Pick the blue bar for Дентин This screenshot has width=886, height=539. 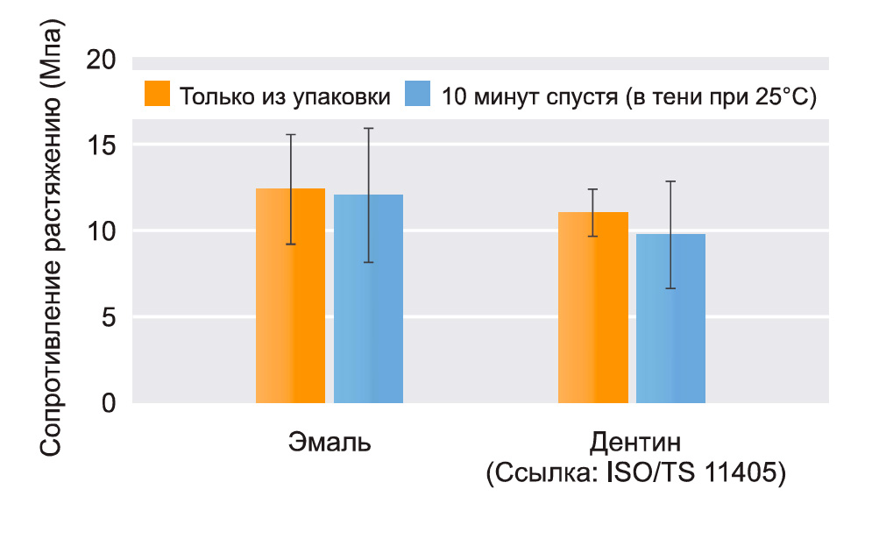tap(670, 318)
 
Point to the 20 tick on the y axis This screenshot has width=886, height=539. tap(102, 60)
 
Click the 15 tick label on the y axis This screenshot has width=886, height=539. tap(103, 145)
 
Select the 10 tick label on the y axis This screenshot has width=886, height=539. tap(103, 231)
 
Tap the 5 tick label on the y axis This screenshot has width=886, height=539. tap(110, 317)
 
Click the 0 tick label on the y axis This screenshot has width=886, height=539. tap(110, 403)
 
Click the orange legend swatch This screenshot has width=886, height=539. tap(158, 94)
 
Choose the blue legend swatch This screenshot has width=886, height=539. tap(418, 94)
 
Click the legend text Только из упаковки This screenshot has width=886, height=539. tap(285, 96)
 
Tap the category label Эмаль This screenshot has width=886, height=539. tap(330, 442)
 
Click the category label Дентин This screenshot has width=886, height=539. tap(635, 440)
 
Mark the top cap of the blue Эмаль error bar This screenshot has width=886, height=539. tap(368, 129)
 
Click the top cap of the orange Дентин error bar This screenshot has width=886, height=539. tap(593, 189)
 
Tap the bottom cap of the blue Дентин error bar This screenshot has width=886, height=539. tap(670, 287)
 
